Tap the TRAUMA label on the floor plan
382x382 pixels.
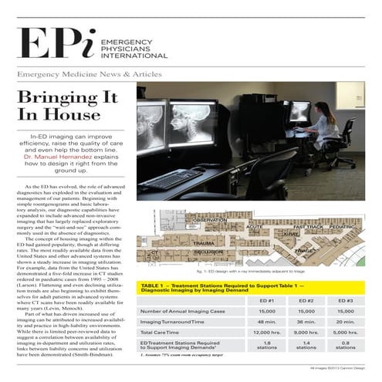click(x=203, y=242)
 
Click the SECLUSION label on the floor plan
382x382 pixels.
click(x=208, y=252)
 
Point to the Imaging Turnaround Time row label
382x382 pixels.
click(x=174, y=322)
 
